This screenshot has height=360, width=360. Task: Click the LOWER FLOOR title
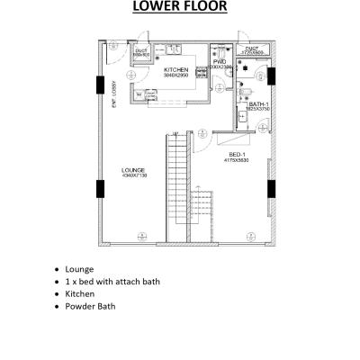point(180,9)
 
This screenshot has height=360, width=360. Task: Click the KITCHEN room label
point(175,69)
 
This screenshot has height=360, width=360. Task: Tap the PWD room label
point(220,63)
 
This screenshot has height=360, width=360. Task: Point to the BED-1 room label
point(238,155)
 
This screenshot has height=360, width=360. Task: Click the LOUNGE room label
point(133,169)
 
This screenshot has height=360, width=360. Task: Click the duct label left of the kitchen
point(141,51)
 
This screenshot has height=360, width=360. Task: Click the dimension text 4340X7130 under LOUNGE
point(133,175)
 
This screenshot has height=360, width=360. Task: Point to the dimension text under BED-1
point(238,160)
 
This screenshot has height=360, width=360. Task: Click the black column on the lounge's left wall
point(99,192)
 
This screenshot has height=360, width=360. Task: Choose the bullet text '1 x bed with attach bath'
point(112,282)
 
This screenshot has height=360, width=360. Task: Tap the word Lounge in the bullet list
point(79,269)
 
